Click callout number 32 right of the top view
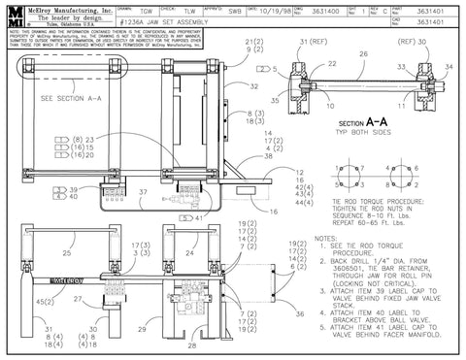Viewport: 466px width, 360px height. (x=253, y=86)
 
